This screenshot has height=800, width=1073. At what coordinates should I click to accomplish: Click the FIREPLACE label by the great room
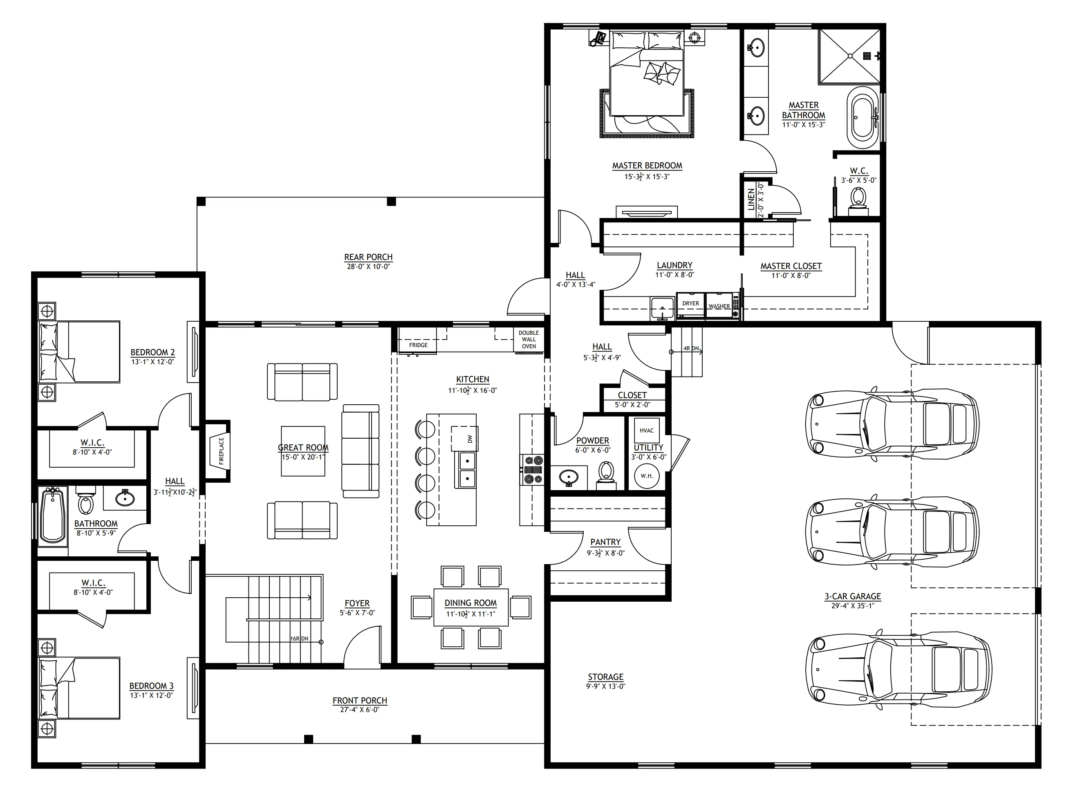click(221, 451)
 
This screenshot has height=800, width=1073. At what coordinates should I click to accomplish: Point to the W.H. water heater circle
click(647, 475)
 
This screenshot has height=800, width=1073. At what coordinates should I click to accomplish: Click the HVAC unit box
click(646, 430)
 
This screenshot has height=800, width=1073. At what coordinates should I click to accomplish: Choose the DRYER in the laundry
click(690, 305)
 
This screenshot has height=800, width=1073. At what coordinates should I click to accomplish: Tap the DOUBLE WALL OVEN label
click(529, 339)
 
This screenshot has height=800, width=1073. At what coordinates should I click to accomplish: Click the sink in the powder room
click(569, 477)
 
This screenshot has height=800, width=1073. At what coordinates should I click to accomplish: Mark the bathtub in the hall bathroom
click(52, 517)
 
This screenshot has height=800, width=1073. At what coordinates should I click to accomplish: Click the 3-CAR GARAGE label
click(853, 596)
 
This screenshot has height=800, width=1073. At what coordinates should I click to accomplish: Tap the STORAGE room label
click(606, 677)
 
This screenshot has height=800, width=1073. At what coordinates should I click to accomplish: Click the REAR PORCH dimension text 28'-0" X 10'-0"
click(368, 267)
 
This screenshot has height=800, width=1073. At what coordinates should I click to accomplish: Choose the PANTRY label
click(605, 542)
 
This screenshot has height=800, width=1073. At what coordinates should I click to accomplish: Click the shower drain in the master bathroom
click(850, 56)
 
